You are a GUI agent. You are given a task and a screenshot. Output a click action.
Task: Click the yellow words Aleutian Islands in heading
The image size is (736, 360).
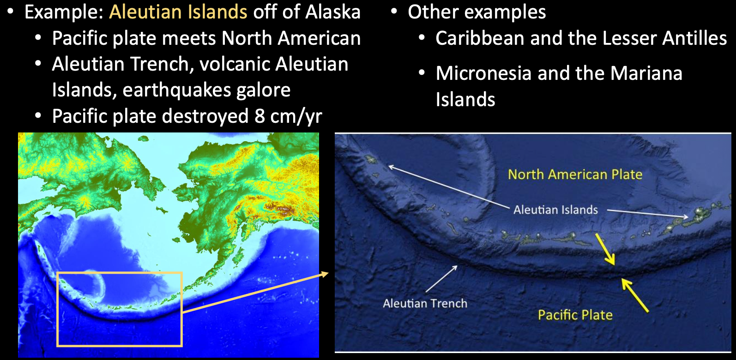pyautogui.click(x=178, y=12)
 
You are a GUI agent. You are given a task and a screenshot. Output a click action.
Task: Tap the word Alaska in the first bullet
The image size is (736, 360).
pyautogui.click(x=332, y=12)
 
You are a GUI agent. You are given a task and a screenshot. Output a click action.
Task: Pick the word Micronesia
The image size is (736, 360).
pyautogui.click(x=483, y=73)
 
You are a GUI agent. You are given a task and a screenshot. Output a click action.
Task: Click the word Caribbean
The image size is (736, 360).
pyautogui.click(x=480, y=38)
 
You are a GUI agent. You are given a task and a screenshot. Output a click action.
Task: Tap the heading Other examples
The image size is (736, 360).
pyautogui.click(x=477, y=12)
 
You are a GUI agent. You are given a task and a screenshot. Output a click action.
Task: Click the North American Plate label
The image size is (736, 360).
pyautogui.click(x=575, y=174)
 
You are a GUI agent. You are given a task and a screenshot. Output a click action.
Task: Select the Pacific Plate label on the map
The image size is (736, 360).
pyautogui.click(x=575, y=315)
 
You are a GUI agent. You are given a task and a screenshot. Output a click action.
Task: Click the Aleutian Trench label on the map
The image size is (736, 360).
pyautogui.click(x=425, y=303)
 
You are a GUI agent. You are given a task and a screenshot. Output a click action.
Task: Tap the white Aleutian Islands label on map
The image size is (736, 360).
pyautogui.click(x=555, y=210)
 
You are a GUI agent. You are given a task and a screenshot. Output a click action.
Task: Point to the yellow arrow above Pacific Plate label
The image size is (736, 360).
pyautogui.click(x=635, y=295)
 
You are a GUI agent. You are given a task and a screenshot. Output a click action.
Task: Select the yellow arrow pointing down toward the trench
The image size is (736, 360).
pyautogui.click(x=605, y=249)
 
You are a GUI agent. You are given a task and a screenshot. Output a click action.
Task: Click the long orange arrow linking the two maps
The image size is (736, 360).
pyautogui.click(x=255, y=292)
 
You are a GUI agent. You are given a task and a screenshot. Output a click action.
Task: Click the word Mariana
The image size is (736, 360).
pyautogui.click(x=646, y=73)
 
